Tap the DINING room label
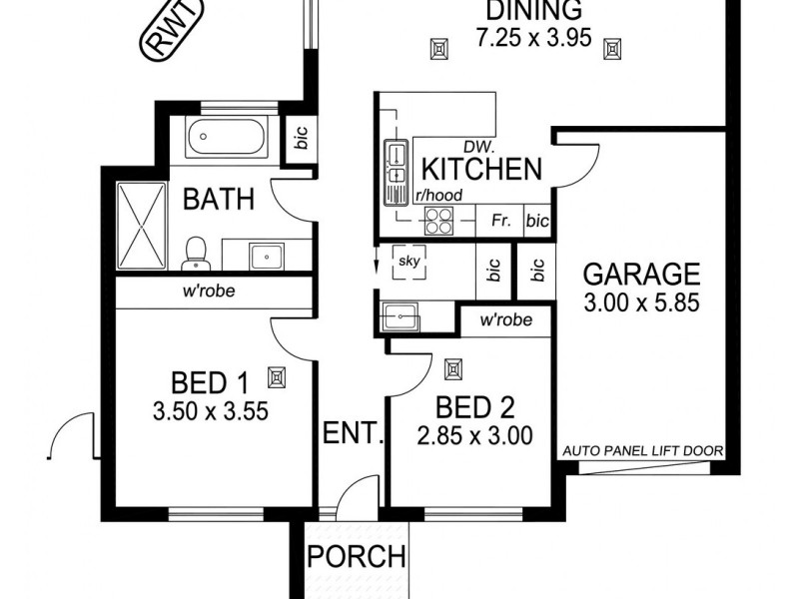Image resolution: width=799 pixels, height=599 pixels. point(534,12)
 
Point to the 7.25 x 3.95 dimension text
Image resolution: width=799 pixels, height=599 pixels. point(534,40)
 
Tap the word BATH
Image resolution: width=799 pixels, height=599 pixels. point(218,199)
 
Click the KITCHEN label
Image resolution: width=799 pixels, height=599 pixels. point(480,169)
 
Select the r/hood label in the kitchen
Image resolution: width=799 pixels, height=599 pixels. point(440,196)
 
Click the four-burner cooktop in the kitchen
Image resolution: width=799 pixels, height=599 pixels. point(437,221)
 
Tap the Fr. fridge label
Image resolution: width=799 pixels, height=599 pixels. point(500,221)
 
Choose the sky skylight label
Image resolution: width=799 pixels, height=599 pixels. point(406,261)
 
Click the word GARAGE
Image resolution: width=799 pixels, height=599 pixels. point(640,273)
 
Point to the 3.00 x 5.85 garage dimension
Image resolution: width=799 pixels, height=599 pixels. point(640,299)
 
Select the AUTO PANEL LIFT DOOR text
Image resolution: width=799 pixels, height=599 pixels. point(641,451)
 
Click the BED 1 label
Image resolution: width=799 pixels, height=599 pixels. point(209,382)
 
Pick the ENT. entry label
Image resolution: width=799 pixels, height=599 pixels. point(354,433)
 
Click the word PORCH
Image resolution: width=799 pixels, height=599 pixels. point(357,556)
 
